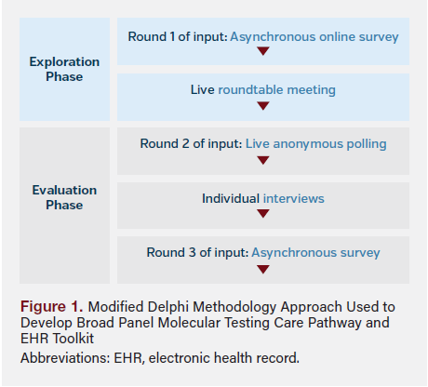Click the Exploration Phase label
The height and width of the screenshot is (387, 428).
(63, 69)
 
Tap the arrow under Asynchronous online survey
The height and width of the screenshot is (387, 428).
(262, 51)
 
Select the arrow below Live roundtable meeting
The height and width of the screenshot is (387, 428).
(262, 105)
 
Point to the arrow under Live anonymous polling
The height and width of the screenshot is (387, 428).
(262, 160)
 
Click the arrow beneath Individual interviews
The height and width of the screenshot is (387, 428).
(262, 214)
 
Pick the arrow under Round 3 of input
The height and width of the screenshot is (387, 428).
(262, 269)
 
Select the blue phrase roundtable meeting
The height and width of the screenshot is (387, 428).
(276, 90)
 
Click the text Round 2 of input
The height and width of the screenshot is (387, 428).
(190, 144)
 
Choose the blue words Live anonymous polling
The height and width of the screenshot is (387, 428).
(315, 144)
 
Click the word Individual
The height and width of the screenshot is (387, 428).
(231, 198)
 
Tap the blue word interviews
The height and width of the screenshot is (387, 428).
(293, 198)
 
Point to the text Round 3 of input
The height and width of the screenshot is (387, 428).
(196, 252)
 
